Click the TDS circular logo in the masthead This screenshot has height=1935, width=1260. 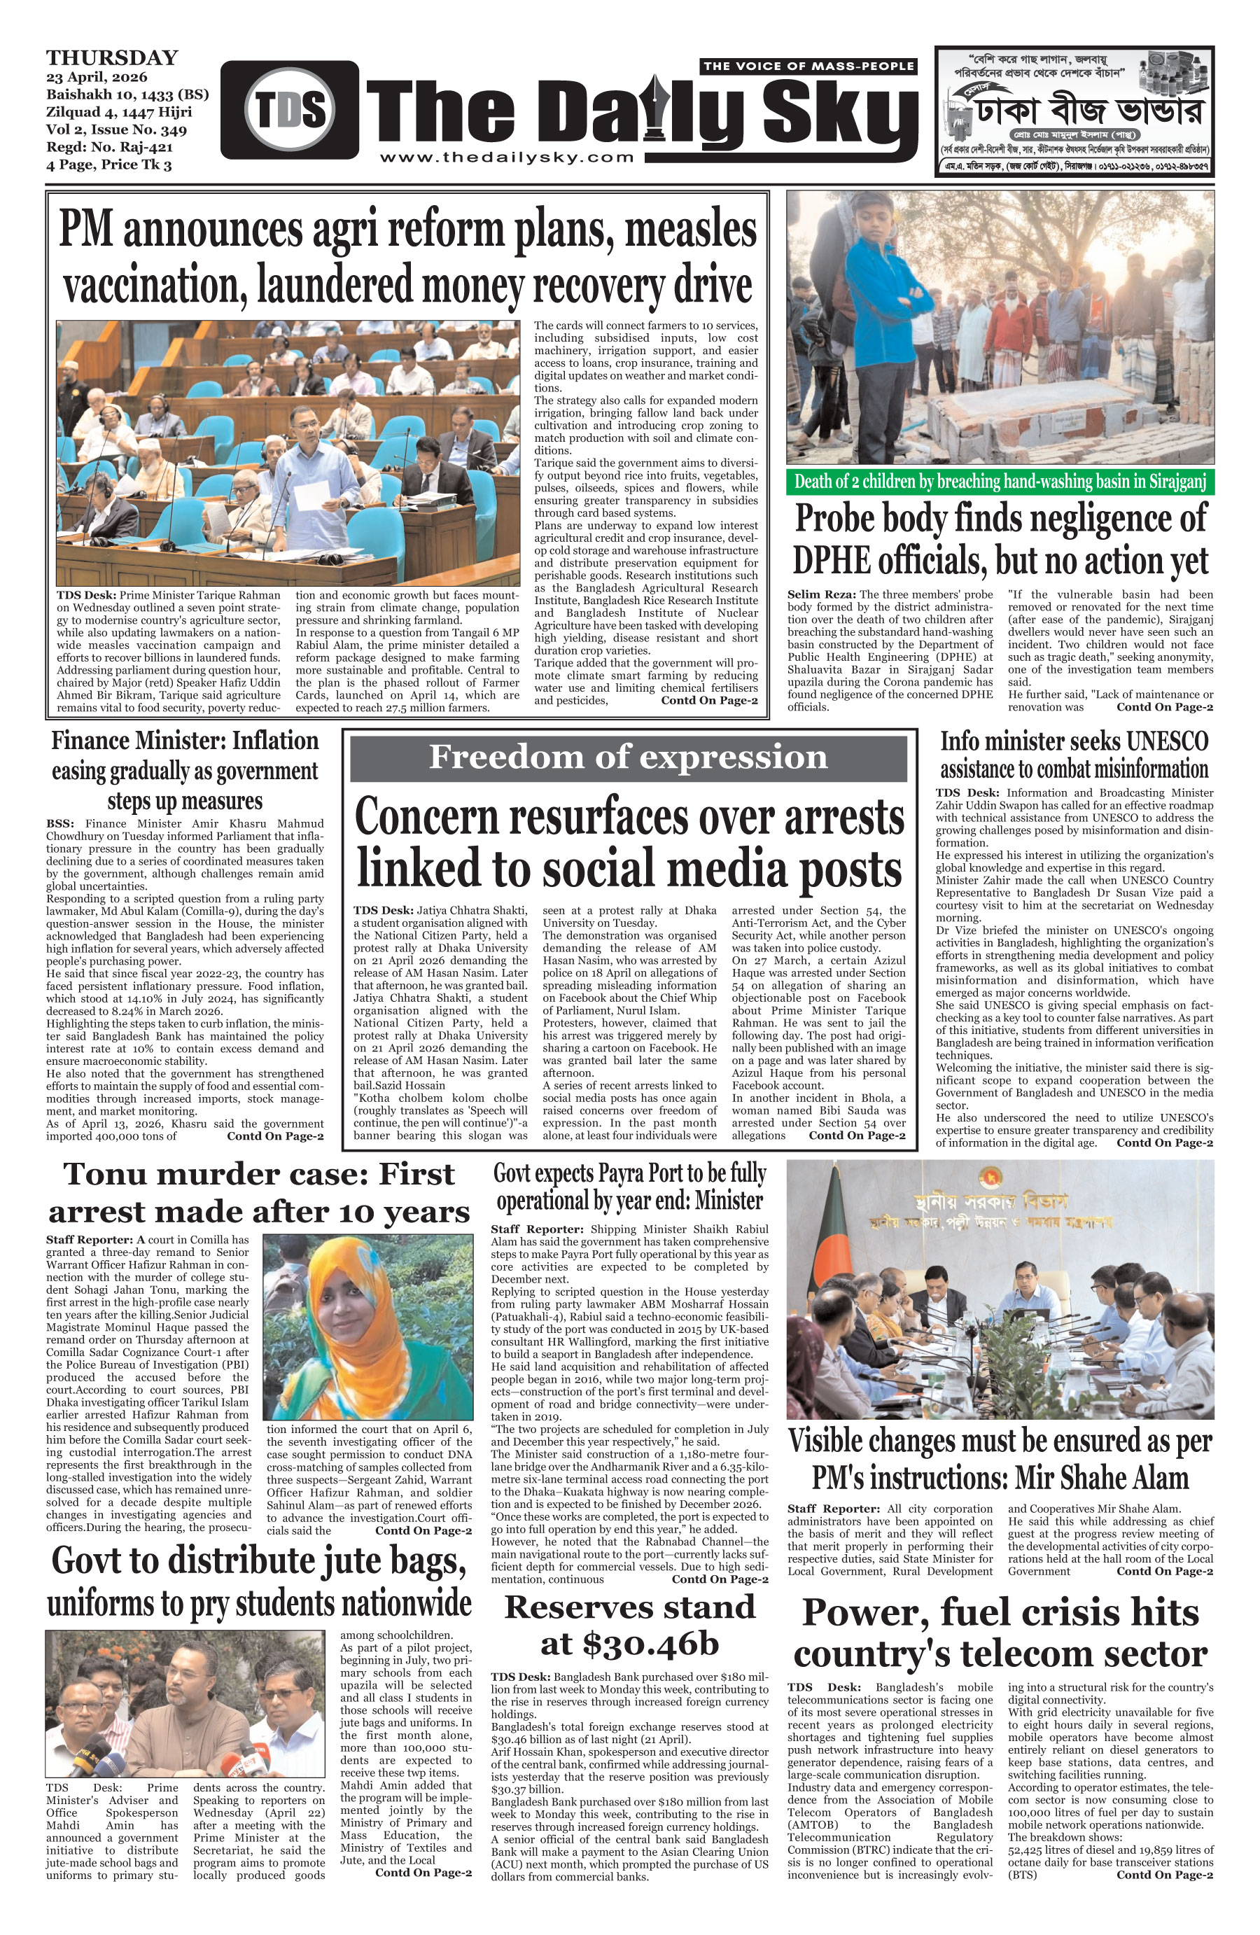click(x=289, y=110)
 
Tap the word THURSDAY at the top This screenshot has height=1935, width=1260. click(x=112, y=57)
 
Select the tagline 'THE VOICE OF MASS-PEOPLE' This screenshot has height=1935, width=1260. click(x=808, y=66)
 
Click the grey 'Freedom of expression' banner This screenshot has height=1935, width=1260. click(x=628, y=757)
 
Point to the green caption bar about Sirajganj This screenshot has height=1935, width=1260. click(x=999, y=482)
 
